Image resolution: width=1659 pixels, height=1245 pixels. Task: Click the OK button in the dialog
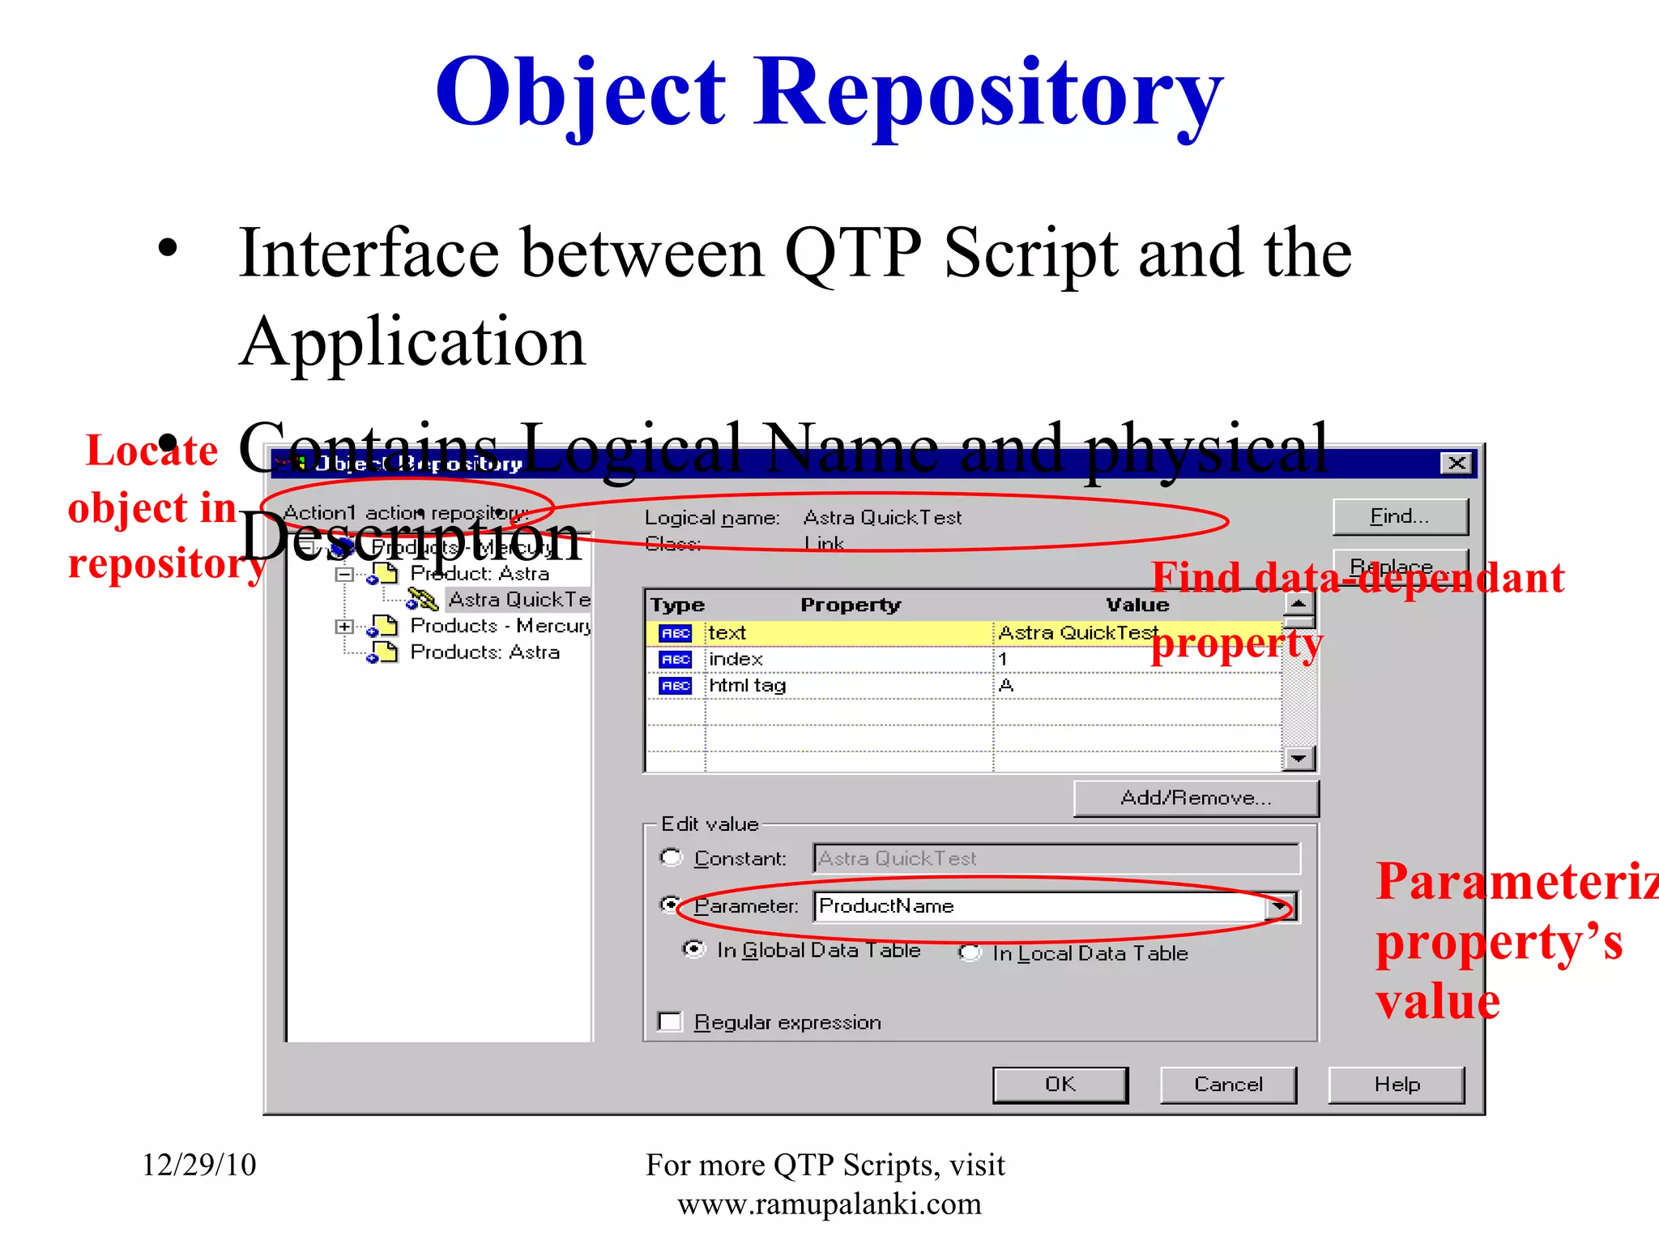1060,1085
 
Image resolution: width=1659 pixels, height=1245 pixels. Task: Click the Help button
1396,1085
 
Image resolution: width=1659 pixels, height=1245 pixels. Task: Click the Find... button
1400,516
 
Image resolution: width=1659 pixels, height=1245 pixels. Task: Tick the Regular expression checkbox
670,1021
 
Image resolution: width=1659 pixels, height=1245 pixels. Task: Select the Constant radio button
672,858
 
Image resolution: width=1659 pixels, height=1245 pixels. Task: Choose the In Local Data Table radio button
970,953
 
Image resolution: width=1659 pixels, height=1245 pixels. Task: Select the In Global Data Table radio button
694,949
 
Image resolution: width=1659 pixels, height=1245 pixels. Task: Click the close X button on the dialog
1456,464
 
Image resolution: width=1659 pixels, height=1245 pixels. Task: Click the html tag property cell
748,686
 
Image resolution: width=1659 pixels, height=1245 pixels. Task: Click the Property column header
850,605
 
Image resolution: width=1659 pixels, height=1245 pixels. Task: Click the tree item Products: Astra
484,652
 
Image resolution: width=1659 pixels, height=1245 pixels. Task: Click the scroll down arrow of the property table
1299,759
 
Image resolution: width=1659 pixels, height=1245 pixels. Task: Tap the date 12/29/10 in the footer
199,1165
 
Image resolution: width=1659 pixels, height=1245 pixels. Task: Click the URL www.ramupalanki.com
829,1204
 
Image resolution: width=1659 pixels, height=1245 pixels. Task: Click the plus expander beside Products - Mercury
344,627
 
